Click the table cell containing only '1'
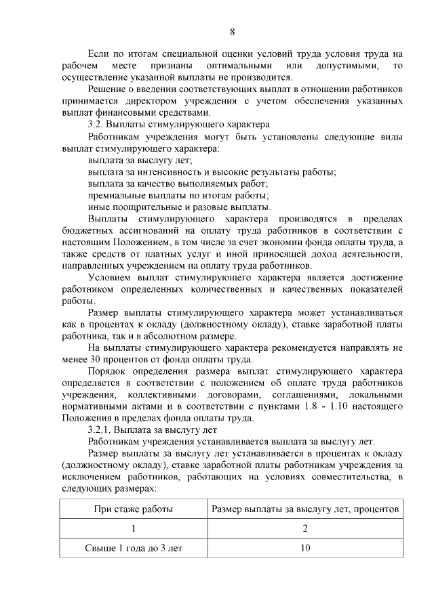coord(133,528)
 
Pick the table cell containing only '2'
coord(305,528)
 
